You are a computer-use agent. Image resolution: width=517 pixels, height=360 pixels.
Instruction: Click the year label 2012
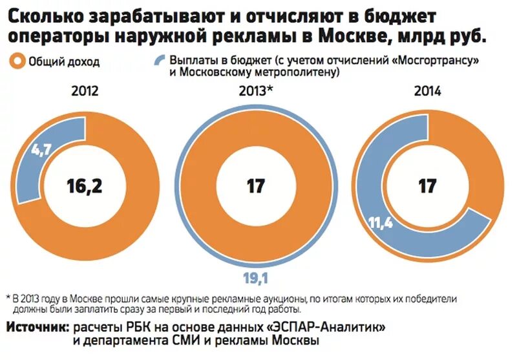85,90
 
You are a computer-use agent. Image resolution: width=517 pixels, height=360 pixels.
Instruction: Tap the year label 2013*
255,90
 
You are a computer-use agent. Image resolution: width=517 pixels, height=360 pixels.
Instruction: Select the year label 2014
427,90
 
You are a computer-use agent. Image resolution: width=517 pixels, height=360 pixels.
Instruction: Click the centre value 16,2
85,186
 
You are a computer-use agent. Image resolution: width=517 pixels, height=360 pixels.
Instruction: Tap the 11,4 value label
381,224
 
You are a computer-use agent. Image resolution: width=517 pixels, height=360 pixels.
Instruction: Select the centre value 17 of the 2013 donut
256,186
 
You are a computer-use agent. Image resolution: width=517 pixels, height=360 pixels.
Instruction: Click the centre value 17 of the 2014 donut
427,186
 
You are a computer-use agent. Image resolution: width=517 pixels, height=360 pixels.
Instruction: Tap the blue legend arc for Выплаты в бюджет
159,61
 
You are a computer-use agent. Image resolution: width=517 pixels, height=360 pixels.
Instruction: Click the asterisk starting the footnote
8,299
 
